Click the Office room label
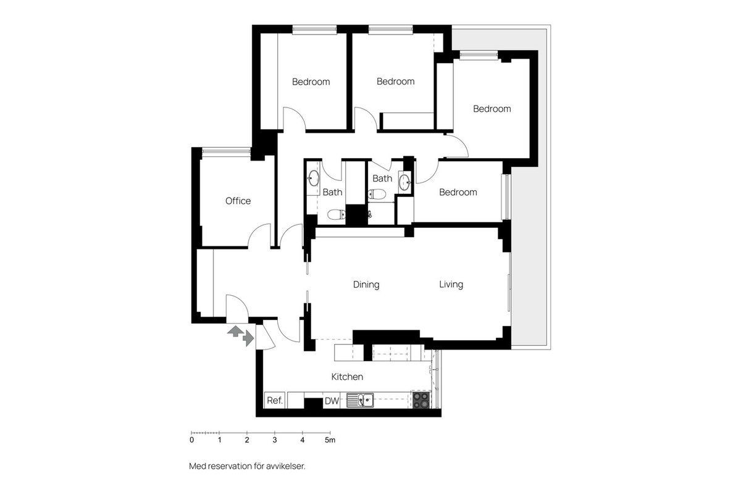pyautogui.click(x=238, y=201)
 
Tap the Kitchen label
pyautogui.click(x=347, y=377)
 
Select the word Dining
pyautogui.click(x=366, y=285)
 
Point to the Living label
pyautogui.click(x=451, y=284)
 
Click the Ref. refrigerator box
pyautogui.click(x=275, y=400)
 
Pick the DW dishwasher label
pyautogui.click(x=332, y=401)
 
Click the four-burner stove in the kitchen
pyautogui.click(x=421, y=400)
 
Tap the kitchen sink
pyautogui.click(x=360, y=400)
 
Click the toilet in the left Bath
pyautogui.click(x=337, y=214)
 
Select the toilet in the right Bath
pyautogui.click(x=377, y=194)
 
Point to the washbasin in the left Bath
pyautogui.click(x=313, y=178)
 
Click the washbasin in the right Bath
pyautogui.click(x=404, y=182)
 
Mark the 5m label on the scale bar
pyautogui.click(x=330, y=440)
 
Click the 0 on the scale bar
pyautogui.click(x=191, y=440)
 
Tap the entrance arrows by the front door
pyautogui.click(x=240, y=335)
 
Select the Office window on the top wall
pyautogui.click(x=226, y=151)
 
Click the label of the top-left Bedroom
pyautogui.click(x=311, y=82)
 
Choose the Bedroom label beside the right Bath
pyautogui.click(x=458, y=192)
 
